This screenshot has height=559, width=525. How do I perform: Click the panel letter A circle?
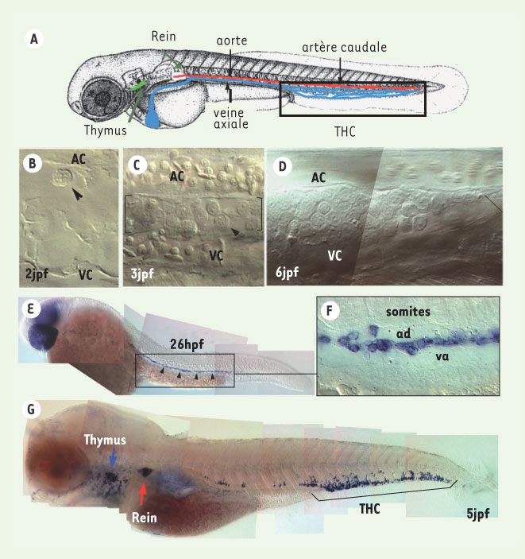(x=34, y=38)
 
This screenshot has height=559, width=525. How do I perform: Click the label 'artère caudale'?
(x=344, y=48)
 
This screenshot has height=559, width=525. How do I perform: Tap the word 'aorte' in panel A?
(x=231, y=41)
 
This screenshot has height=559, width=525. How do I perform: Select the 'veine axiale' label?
(x=231, y=118)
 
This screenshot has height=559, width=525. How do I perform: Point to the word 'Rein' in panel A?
(x=164, y=36)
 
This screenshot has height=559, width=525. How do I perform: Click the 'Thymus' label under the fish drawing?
(x=106, y=130)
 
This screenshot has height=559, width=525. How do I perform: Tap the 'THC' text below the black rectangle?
(x=345, y=131)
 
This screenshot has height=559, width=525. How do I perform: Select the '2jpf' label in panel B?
(x=37, y=274)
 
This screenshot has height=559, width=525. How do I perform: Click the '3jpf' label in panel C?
(x=142, y=274)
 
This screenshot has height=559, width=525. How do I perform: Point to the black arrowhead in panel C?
(x=236, y=231)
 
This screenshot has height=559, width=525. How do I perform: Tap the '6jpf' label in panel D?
(x=287, y=273)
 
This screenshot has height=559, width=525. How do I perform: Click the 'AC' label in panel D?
(x=318, y=177)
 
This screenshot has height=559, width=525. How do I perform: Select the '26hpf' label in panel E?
(x=187, y=344)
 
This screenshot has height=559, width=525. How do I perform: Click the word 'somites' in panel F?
(x=408, y=312)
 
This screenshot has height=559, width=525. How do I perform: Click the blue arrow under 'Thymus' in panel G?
(x=113, y=457)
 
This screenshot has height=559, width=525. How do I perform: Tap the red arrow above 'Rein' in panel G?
(x=142, y=494)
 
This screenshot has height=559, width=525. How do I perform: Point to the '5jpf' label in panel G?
(x=478, y=514)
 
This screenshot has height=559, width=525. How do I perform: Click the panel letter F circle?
(x=330, y=310)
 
